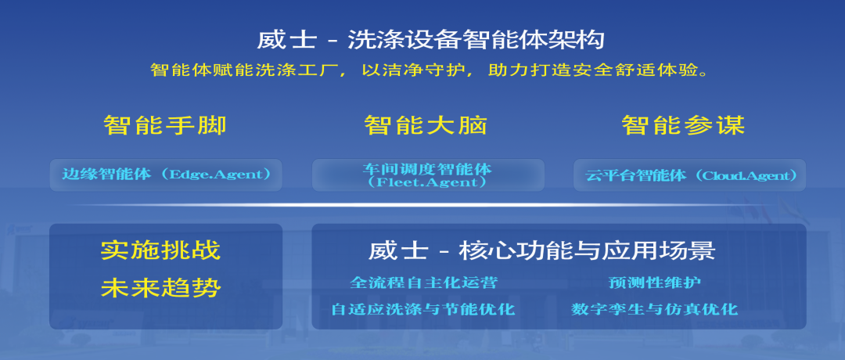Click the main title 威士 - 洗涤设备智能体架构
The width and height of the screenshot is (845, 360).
(430, 40)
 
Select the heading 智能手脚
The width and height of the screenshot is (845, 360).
(165, 126)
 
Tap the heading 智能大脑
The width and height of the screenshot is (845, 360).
(426, 126)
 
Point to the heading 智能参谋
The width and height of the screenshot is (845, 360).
(683, 126)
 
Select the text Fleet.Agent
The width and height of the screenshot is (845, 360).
(429, 182)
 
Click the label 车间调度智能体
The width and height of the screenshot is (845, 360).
(428, 169)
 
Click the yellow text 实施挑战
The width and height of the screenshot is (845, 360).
(161, 250)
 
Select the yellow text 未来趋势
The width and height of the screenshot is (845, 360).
(161, 288)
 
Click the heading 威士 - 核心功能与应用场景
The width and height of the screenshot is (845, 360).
(541, 250)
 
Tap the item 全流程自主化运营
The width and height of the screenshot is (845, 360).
(423, 283)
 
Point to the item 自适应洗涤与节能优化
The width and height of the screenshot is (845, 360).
(423, 309)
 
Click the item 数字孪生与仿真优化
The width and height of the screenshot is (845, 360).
(654, 309)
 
